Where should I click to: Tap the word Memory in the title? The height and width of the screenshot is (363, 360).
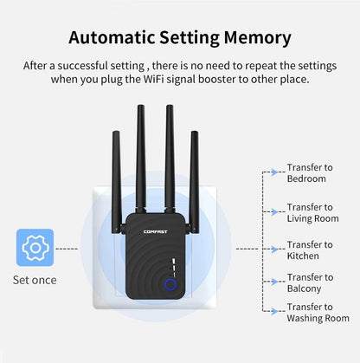[254, 37]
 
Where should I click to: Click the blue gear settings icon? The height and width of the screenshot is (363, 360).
[35, 247]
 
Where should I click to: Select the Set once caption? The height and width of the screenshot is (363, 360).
[35, 280]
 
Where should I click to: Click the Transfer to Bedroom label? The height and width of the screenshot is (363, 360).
[306, 173]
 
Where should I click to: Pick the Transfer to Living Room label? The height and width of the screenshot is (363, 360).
[312, 213]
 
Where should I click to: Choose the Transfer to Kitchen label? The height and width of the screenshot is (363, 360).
[309, 250]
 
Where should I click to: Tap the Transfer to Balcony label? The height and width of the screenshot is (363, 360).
[309, 283]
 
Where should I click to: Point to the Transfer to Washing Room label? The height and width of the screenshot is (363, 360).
[318, 313]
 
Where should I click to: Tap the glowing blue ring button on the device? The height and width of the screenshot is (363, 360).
[170, 284]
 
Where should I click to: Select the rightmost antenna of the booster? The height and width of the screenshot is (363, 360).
[195, 173]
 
